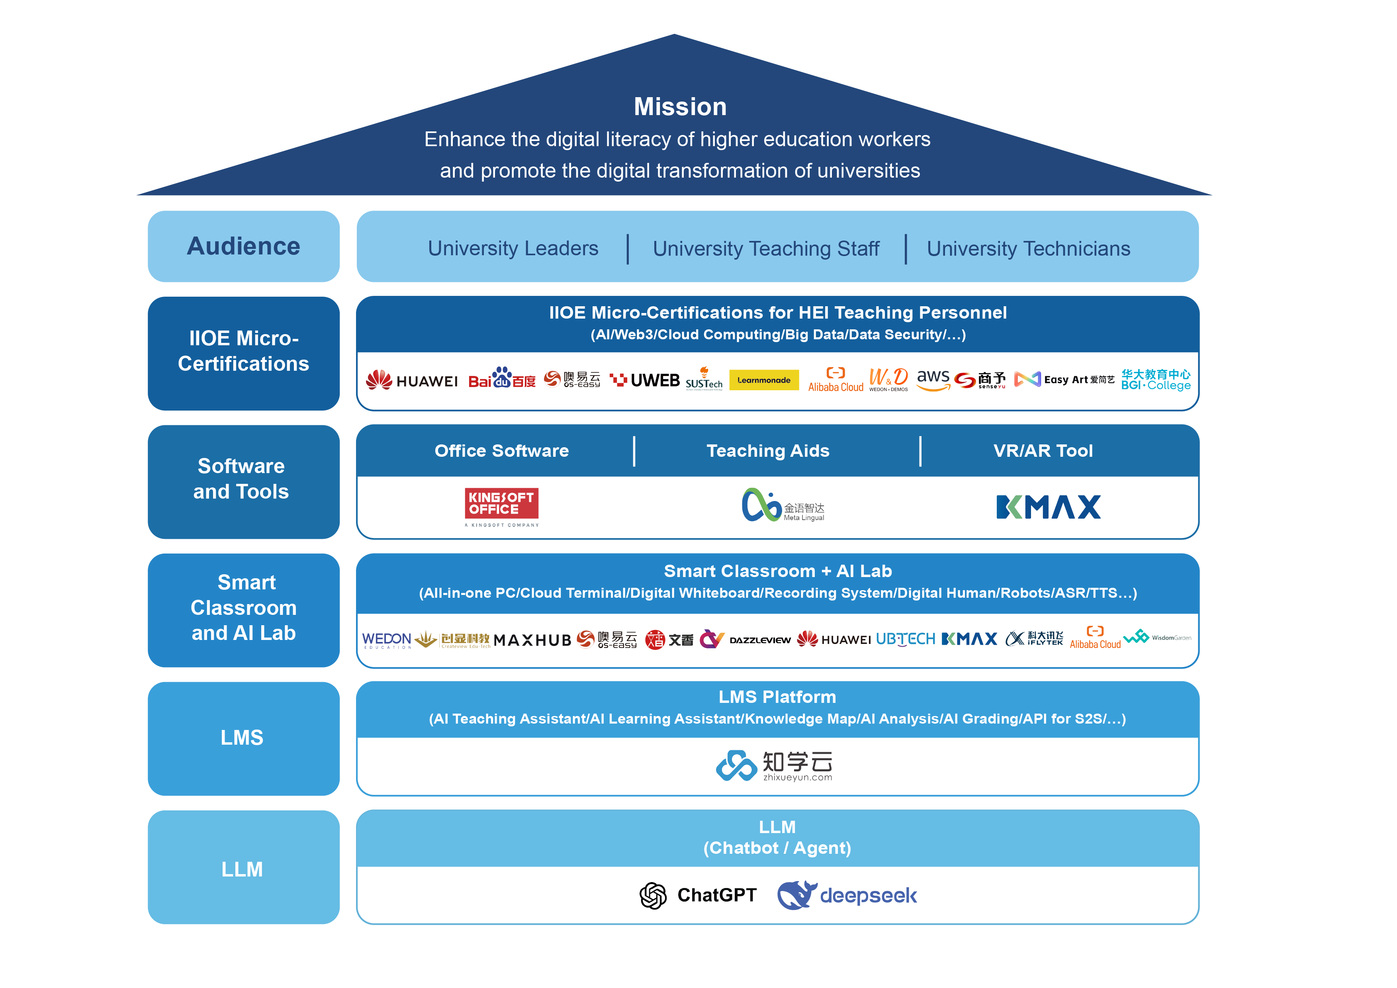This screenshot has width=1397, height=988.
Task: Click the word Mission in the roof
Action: (680, 107)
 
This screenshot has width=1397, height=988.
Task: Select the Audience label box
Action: (243, 247)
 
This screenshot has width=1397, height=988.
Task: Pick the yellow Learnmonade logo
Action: (763, 380)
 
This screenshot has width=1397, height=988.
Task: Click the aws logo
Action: (933, 379)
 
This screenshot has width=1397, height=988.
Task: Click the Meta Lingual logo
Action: (783, 506)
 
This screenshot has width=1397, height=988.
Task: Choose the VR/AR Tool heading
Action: (1043, 451)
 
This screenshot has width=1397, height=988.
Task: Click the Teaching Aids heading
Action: (768, 451)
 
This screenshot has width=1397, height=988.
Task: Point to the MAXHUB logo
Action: (532, 640)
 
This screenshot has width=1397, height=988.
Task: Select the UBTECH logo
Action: (905, 639)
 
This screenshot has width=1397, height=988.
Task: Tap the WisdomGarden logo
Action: (1156, 638)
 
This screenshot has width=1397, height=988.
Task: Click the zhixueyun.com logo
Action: (773, 765)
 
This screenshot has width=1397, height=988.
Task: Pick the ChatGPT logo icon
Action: (653, 896)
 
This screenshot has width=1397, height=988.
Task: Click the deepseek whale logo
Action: (796, 895)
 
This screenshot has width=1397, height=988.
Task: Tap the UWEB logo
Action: (645, 380)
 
